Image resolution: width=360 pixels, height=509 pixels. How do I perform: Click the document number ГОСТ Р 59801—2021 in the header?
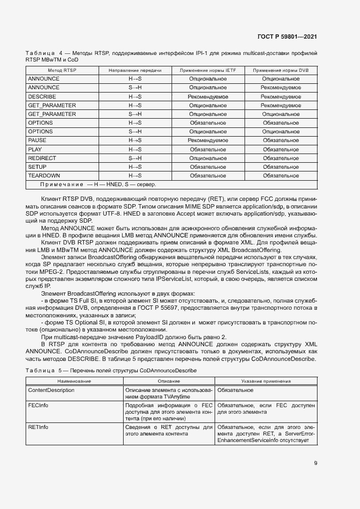click(x=287, y=36)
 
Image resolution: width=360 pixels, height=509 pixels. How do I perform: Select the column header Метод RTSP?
click(x=62, y=71)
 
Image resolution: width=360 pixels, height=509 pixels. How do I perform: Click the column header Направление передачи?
click(x=135, y=71)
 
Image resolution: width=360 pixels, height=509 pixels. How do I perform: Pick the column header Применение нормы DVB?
click(x=281, y=71)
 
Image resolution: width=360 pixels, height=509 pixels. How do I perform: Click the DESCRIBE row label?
click(x=41, y=96)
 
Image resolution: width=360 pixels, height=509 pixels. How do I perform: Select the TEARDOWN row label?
click(x=44, y=176)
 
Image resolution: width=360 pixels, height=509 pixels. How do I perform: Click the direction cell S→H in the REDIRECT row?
click(x=135, y=158)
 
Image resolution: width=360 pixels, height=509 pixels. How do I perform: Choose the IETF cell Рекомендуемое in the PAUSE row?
click(x=208, y=140)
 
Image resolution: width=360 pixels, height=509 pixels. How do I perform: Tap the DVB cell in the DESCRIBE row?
click(x=281, y=96)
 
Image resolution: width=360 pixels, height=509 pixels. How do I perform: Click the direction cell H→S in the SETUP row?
click(x=135, y=167)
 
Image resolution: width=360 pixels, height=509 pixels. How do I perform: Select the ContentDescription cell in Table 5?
click(x=51, y=390)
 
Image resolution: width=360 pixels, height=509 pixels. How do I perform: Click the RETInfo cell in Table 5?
click(x=38, y=427)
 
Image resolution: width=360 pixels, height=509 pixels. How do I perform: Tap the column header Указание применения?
click(x=265, y=381)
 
